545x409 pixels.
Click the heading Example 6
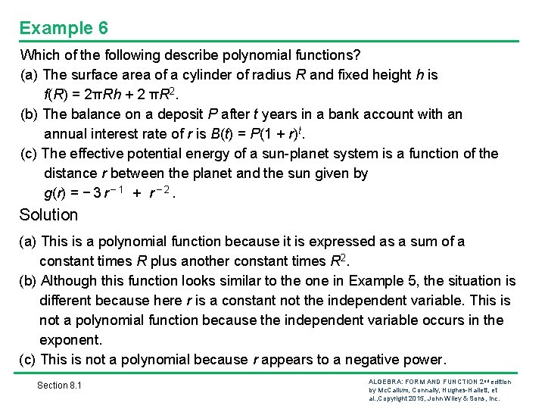click(x=64, y=28)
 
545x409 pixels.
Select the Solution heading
click(x=48, y=214)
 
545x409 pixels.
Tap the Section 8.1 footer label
click(x=59, y=386)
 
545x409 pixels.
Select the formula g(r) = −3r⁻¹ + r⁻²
click(x=111, y=193)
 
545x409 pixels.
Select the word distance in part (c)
click(x=71, y=173)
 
